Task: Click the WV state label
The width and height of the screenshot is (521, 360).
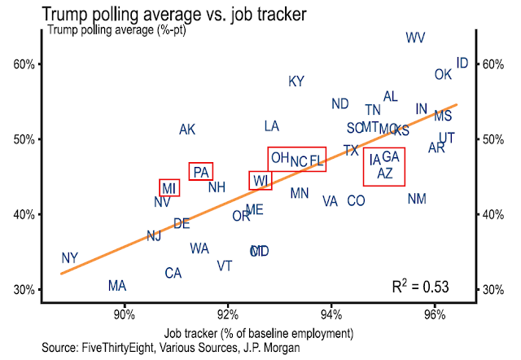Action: pos(415,37)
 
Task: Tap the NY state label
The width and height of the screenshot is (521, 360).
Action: pos(70,258)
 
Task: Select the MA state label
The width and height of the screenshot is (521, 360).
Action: pos(117,286)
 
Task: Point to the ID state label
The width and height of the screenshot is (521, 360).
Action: pos(462,63)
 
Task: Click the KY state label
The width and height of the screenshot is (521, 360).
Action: pos(296,81)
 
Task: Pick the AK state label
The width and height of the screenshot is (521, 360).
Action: pos(187,130)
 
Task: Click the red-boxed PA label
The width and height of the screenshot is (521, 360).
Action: pos(201,172)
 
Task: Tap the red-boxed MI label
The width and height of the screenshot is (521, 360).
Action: pos(169,188)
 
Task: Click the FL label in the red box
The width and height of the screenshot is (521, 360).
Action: pos(317,160)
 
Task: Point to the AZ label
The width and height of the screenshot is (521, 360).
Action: pos(386,173)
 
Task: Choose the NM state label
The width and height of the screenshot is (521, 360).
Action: pos(417,199)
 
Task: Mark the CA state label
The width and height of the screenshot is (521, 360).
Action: pos(173,274)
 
